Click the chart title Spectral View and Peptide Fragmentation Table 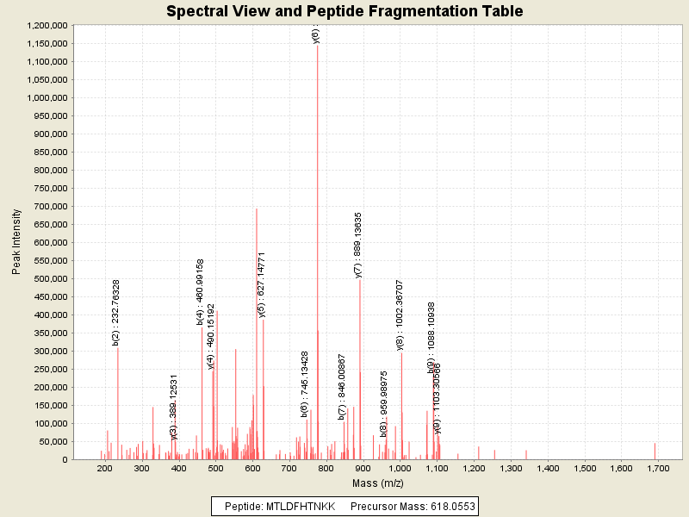pyautogui.click(x=344, y=12)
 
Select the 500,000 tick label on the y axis pyautogui.click(x=47, y=279)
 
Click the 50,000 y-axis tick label pyautogui.click(x=51, y=442)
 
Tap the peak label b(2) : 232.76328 pyautogui.click(x=116, y=312)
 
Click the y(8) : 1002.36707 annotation pyautogui.click(x=400, y=314)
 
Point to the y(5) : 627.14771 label pyautogui.click(x=262, y=284)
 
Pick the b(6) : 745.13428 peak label pyautogui.click(x=304, y=383)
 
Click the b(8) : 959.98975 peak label pyautogui.click(x=384, y=404)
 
